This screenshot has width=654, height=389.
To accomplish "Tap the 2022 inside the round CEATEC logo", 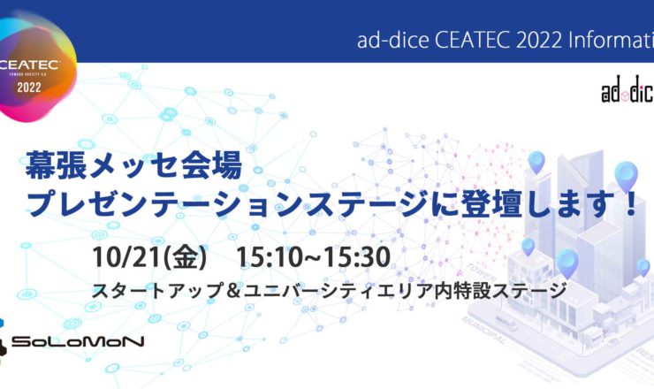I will [x=28, y=88].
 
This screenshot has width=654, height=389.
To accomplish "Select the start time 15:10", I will [x=263, y=257].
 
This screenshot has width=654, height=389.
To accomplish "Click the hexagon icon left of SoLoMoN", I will [x=11, y=342].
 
